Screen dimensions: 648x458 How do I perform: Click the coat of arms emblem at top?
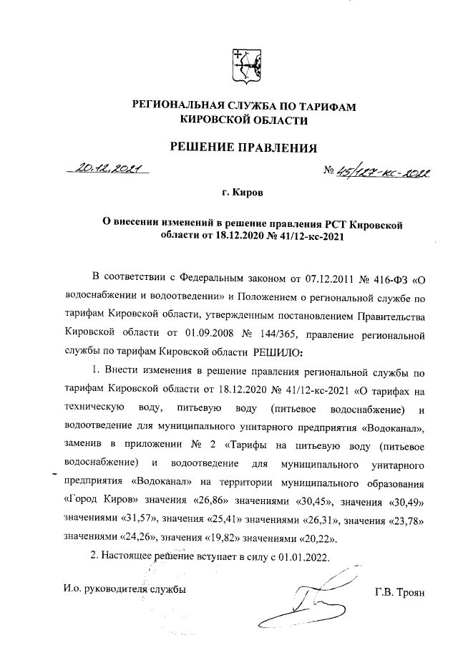pos(244,65)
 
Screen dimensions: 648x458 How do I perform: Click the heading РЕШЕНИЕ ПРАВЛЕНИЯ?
pos(243,148)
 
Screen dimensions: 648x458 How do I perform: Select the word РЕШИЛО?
pos(278,352)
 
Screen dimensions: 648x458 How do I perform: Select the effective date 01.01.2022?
pos(304,555)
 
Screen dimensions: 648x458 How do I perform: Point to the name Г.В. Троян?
pos(399,591)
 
